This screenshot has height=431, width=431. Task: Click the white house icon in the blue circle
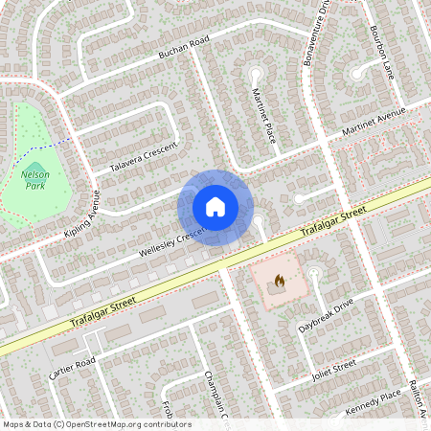pyautogui.click(x=215, y=207)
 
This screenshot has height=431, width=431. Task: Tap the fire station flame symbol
pyautogui.click(x=280, y=283)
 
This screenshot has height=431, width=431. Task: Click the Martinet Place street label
pyautogui.click(x=263, y=113)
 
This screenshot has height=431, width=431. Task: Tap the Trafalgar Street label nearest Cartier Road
pyautogui.click(x=103, y=313)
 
